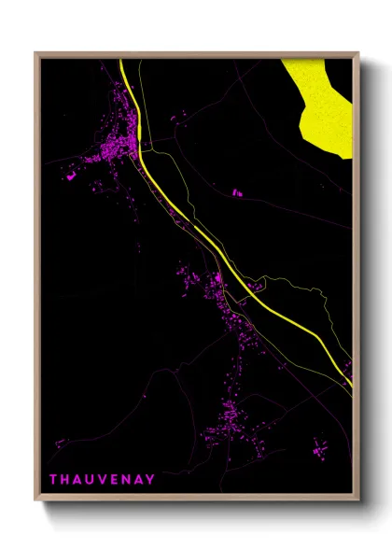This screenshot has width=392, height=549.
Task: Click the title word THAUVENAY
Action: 103,480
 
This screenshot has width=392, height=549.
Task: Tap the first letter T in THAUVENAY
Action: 53,480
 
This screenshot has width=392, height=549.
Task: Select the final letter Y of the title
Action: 151,480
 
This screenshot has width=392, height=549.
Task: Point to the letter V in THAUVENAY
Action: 103,480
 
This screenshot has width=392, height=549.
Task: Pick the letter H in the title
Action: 65,480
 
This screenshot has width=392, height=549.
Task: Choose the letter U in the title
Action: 91,480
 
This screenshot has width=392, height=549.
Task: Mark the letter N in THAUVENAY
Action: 127,480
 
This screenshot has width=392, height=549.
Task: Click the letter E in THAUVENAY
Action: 115,480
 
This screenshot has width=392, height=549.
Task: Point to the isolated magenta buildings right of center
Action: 236,193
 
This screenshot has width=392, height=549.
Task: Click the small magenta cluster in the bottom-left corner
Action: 61,443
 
